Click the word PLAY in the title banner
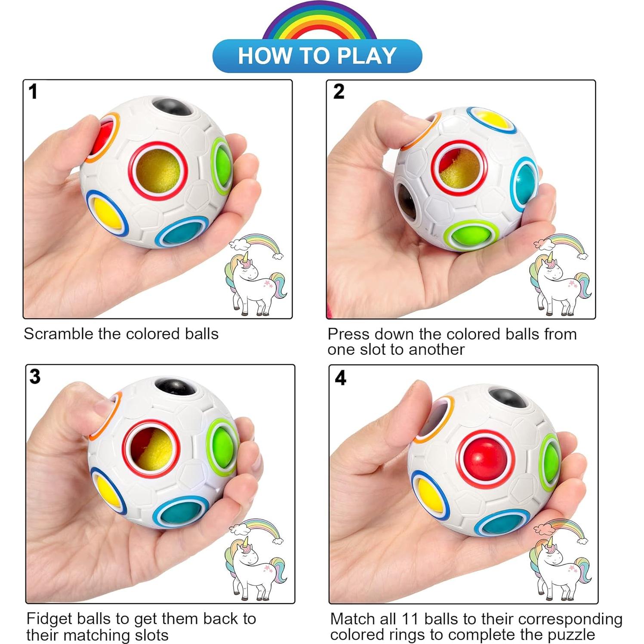[367, 56]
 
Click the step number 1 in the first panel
[33, 92]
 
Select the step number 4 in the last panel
[340, 378]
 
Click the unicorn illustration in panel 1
[254, 280]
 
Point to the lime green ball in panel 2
[471, 235]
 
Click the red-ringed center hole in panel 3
[151, 449]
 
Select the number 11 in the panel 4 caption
[410, 619]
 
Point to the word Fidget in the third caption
[48, 619]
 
